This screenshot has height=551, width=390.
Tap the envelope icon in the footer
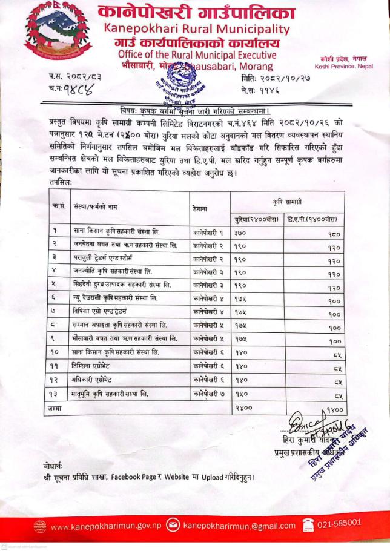coord(171,525)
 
